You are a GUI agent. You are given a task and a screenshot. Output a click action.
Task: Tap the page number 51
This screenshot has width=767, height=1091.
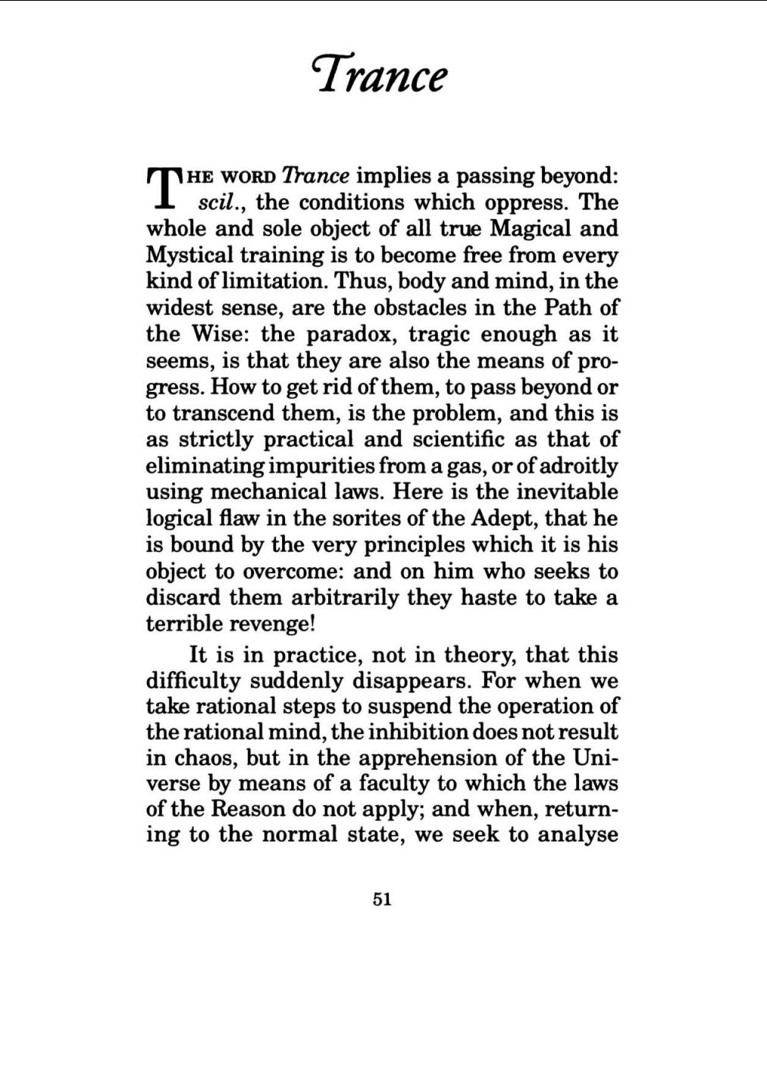tap(382, 899)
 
